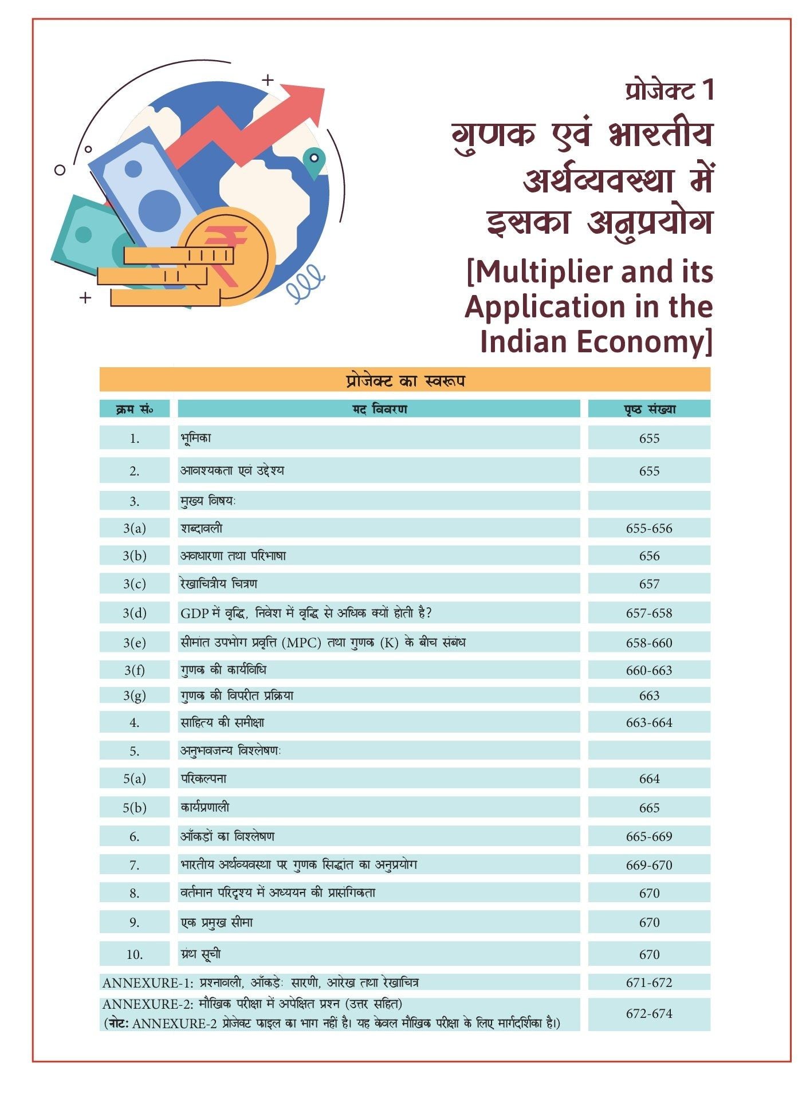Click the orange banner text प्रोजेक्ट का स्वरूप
tap(405, 380)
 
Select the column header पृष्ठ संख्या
tap(649, 409)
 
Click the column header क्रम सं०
tap(135, 409)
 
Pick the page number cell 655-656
tap(649, 528)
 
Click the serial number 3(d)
tap(135, 613)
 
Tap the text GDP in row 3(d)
tap(194, 613)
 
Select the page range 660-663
tap(649, 670)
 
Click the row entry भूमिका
tap(196, 438)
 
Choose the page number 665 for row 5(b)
tap(649, 808)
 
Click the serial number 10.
tap(135, 954)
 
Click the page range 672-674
tap(649, 1013)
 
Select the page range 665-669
tap(649, 836)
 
